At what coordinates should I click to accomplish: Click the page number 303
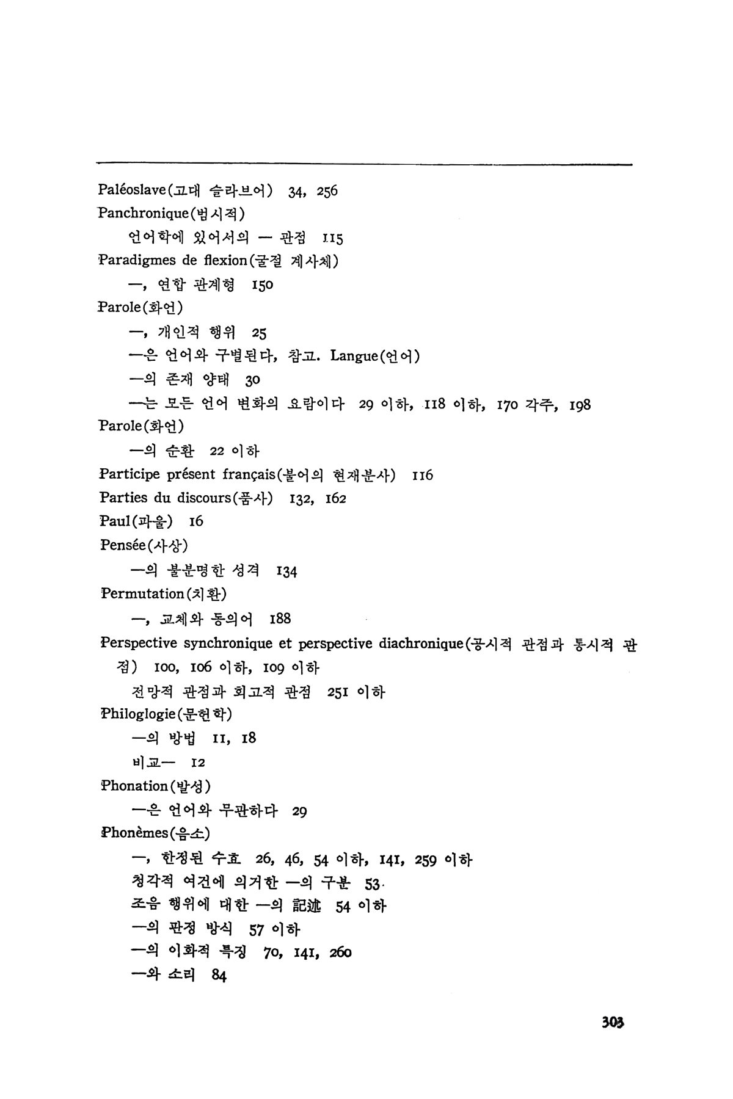(x=613, y=1021)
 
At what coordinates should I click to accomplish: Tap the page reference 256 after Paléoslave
(x=327, y=191)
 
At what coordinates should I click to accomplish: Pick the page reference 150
(x=262, y=285)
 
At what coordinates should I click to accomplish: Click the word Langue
(x=352, y=356)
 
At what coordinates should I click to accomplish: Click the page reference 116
(x=423, y=476)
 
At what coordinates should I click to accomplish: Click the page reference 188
(x=280, y=618)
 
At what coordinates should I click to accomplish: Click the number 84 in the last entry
(x=219, y=976)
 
